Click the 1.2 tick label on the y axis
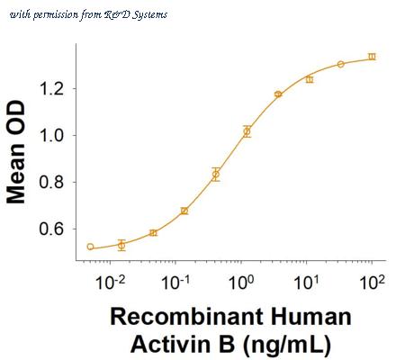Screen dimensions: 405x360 [x=51, y=89]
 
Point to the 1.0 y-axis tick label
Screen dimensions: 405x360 [x=51, y=135]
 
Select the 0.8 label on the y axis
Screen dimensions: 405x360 [x=51, y=182]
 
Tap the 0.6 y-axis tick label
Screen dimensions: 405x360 [x=51, y=229]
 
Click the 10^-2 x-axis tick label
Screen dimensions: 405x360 [x=110, y=282]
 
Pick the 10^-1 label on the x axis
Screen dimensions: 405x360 [x=175, y=282]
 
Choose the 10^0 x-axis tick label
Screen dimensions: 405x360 [x=241, y=282]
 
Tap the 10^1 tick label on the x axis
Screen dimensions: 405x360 [x=306, y=282]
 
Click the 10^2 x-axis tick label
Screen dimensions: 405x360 [x=372, y=282]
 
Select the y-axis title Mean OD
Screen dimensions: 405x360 [x=16, y=152]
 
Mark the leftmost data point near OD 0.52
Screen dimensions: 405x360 [x=90, y=247]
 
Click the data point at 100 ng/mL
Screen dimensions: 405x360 [x=372, y=57]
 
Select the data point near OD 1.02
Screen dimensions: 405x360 [x=247, y=131]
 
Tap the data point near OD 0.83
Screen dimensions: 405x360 [x=216, y=174]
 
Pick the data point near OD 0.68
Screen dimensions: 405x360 [x=184, y=211]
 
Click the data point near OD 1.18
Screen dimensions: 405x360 [x=278, y=94]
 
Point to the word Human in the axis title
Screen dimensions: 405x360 [x=310, y=317]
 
